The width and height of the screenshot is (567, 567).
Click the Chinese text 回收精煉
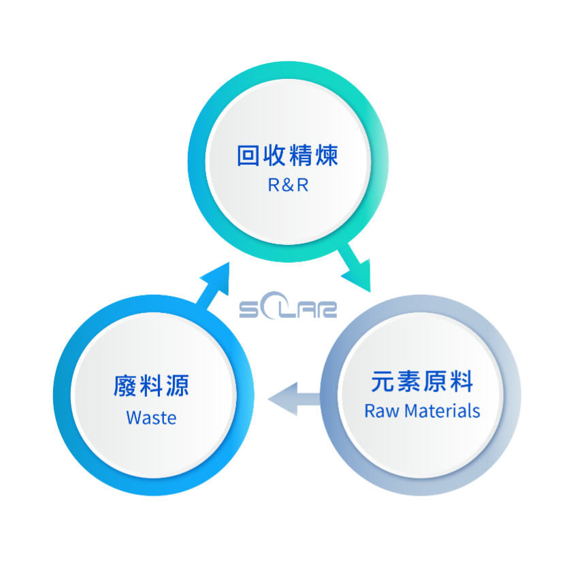click(287, 156)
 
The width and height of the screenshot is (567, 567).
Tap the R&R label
click(288, 185)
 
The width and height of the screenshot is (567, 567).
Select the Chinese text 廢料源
click(151, 386)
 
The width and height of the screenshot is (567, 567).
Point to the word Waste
click(151, 417)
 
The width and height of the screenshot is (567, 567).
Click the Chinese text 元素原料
click(422, 381)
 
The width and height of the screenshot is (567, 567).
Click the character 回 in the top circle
click(249, 156)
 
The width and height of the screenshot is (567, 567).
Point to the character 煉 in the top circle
click(326, 156)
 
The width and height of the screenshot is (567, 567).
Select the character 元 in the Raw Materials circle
click(383, 381)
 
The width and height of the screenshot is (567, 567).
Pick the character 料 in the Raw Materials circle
click(461, 381)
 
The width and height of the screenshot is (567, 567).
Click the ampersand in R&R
click(287, 185)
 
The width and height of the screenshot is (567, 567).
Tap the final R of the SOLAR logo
click(328, 310)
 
